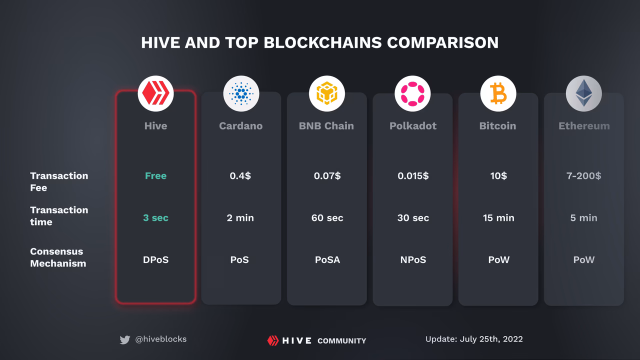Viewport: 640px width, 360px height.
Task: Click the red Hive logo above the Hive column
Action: point(155,93)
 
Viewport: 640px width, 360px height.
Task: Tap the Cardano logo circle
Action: point(241,93)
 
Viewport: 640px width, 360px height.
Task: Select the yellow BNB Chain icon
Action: point(327,93)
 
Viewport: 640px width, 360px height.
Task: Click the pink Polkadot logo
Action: point(412,93)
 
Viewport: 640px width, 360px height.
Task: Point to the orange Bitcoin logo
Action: point(498,93)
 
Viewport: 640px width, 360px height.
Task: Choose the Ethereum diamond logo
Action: point(583,93)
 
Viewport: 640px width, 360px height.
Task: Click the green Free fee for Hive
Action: point(155,176)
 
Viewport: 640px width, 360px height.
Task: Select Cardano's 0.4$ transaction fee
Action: point(240,176)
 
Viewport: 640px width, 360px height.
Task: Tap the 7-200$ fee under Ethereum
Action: point(583,176)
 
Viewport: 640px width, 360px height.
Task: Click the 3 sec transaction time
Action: point(155,218)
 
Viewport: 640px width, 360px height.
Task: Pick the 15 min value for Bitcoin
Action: point(498,218)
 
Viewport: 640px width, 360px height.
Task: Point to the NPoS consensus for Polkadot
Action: point(412,260)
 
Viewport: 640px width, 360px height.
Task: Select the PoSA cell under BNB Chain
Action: point(327,260)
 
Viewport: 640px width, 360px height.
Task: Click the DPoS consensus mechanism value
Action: point(155,260)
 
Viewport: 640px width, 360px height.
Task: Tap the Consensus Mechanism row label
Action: point(57,257)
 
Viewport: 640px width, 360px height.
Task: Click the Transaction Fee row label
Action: point(58,181)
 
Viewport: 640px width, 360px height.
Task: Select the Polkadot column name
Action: point(412,126)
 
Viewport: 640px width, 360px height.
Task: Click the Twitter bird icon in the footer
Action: point(125,340)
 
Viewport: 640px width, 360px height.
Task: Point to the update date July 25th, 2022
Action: point(473,339)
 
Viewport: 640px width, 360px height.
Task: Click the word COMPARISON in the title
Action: point(442,42)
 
